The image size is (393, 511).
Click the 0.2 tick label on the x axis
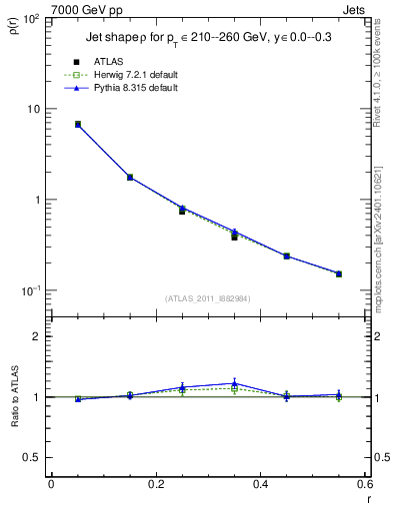(155, 485)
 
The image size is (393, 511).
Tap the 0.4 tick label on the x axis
(260, 485)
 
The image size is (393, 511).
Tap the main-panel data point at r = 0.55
(338, 273)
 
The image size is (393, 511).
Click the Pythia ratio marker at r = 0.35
(234, 383)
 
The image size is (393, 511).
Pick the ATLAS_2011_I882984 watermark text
(208, 298)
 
